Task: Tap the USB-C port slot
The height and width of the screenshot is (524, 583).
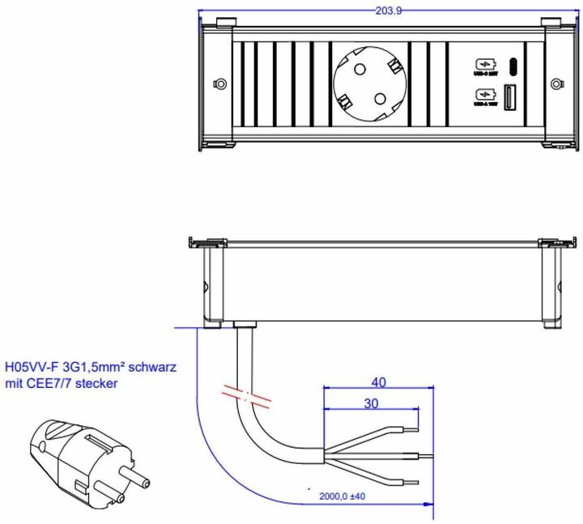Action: click(x=513, y=66)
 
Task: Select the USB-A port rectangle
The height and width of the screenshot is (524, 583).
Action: click(x=513, y=97)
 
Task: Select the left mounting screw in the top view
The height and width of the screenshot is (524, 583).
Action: click(x=219, y=83)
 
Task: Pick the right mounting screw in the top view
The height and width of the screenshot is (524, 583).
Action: click(x=555, y=83)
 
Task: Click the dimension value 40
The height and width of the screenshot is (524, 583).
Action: click(x=378, y=381)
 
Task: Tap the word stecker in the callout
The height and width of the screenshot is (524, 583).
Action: click(x=96, y=383)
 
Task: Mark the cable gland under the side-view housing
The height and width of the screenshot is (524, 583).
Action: click(x=244, y=326)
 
